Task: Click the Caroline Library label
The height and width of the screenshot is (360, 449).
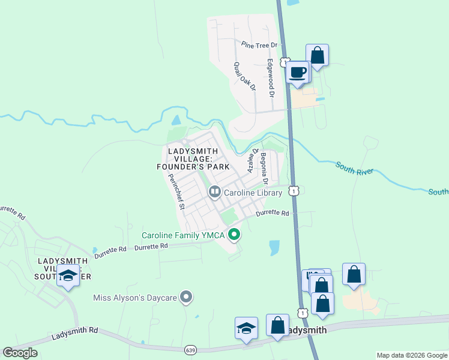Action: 253,193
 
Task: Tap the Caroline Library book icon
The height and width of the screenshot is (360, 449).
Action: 214,192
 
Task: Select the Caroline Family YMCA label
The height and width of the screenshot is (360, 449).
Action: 183,235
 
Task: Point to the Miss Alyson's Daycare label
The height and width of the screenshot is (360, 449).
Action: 136,297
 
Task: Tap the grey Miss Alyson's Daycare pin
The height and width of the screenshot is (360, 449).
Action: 187,297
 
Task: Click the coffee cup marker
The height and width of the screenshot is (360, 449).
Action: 298,73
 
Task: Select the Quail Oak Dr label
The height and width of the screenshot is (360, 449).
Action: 245,76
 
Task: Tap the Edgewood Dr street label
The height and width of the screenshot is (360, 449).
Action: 271,78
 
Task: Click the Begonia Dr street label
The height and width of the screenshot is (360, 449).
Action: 264,169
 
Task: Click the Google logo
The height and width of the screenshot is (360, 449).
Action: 20,353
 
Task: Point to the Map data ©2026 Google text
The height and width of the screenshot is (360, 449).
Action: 412,355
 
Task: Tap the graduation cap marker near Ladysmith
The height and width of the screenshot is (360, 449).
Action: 246,329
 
